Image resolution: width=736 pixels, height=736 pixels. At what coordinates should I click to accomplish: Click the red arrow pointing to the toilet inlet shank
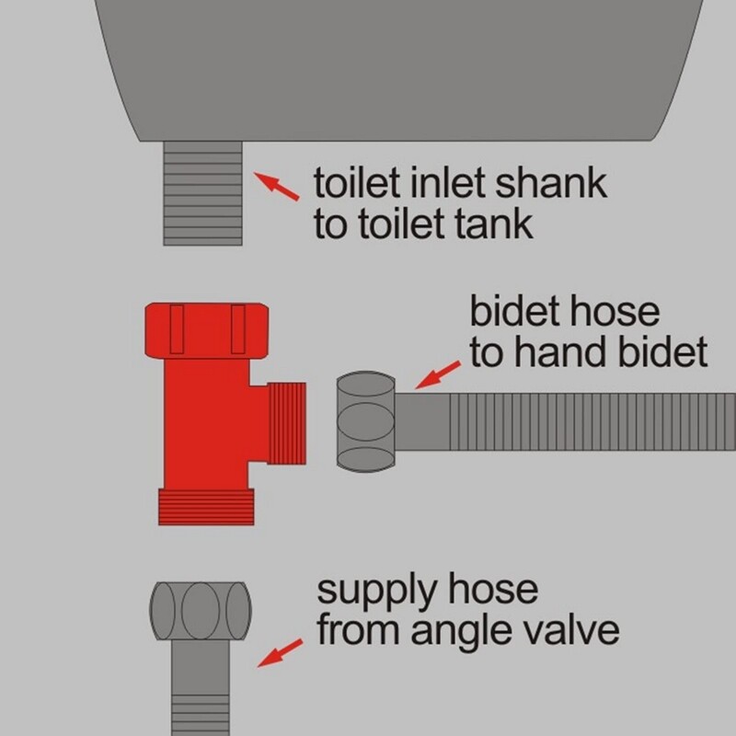(276, 187)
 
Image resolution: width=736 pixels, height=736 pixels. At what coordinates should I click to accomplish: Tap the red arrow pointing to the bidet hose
(439, 374)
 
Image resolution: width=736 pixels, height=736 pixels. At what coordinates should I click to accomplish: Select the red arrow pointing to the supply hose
(281, 652)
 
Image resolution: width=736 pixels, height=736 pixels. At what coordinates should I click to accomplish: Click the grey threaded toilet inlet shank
(202, 193)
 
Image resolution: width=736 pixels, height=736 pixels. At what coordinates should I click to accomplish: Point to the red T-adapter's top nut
(207, 330)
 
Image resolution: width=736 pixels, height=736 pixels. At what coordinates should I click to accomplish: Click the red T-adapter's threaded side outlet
(287, 423)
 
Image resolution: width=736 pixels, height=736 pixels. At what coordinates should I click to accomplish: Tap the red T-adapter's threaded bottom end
(206, 507)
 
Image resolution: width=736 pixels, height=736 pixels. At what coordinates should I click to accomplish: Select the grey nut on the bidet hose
(365, 421)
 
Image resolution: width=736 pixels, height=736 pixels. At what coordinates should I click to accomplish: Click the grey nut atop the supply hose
(201, 611)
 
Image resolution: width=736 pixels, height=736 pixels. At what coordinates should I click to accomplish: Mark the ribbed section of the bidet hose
(592, 421)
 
